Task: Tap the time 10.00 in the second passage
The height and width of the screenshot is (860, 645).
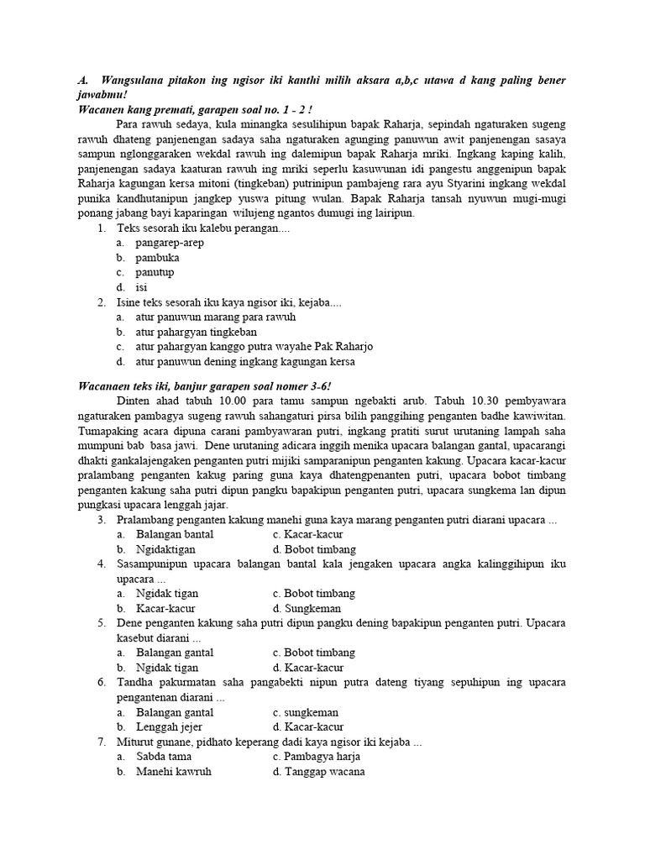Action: (x=219, y=401)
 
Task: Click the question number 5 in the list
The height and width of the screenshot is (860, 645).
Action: (x=101, y=622)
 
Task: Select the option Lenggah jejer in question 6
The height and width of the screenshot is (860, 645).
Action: (x=169, y=726)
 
